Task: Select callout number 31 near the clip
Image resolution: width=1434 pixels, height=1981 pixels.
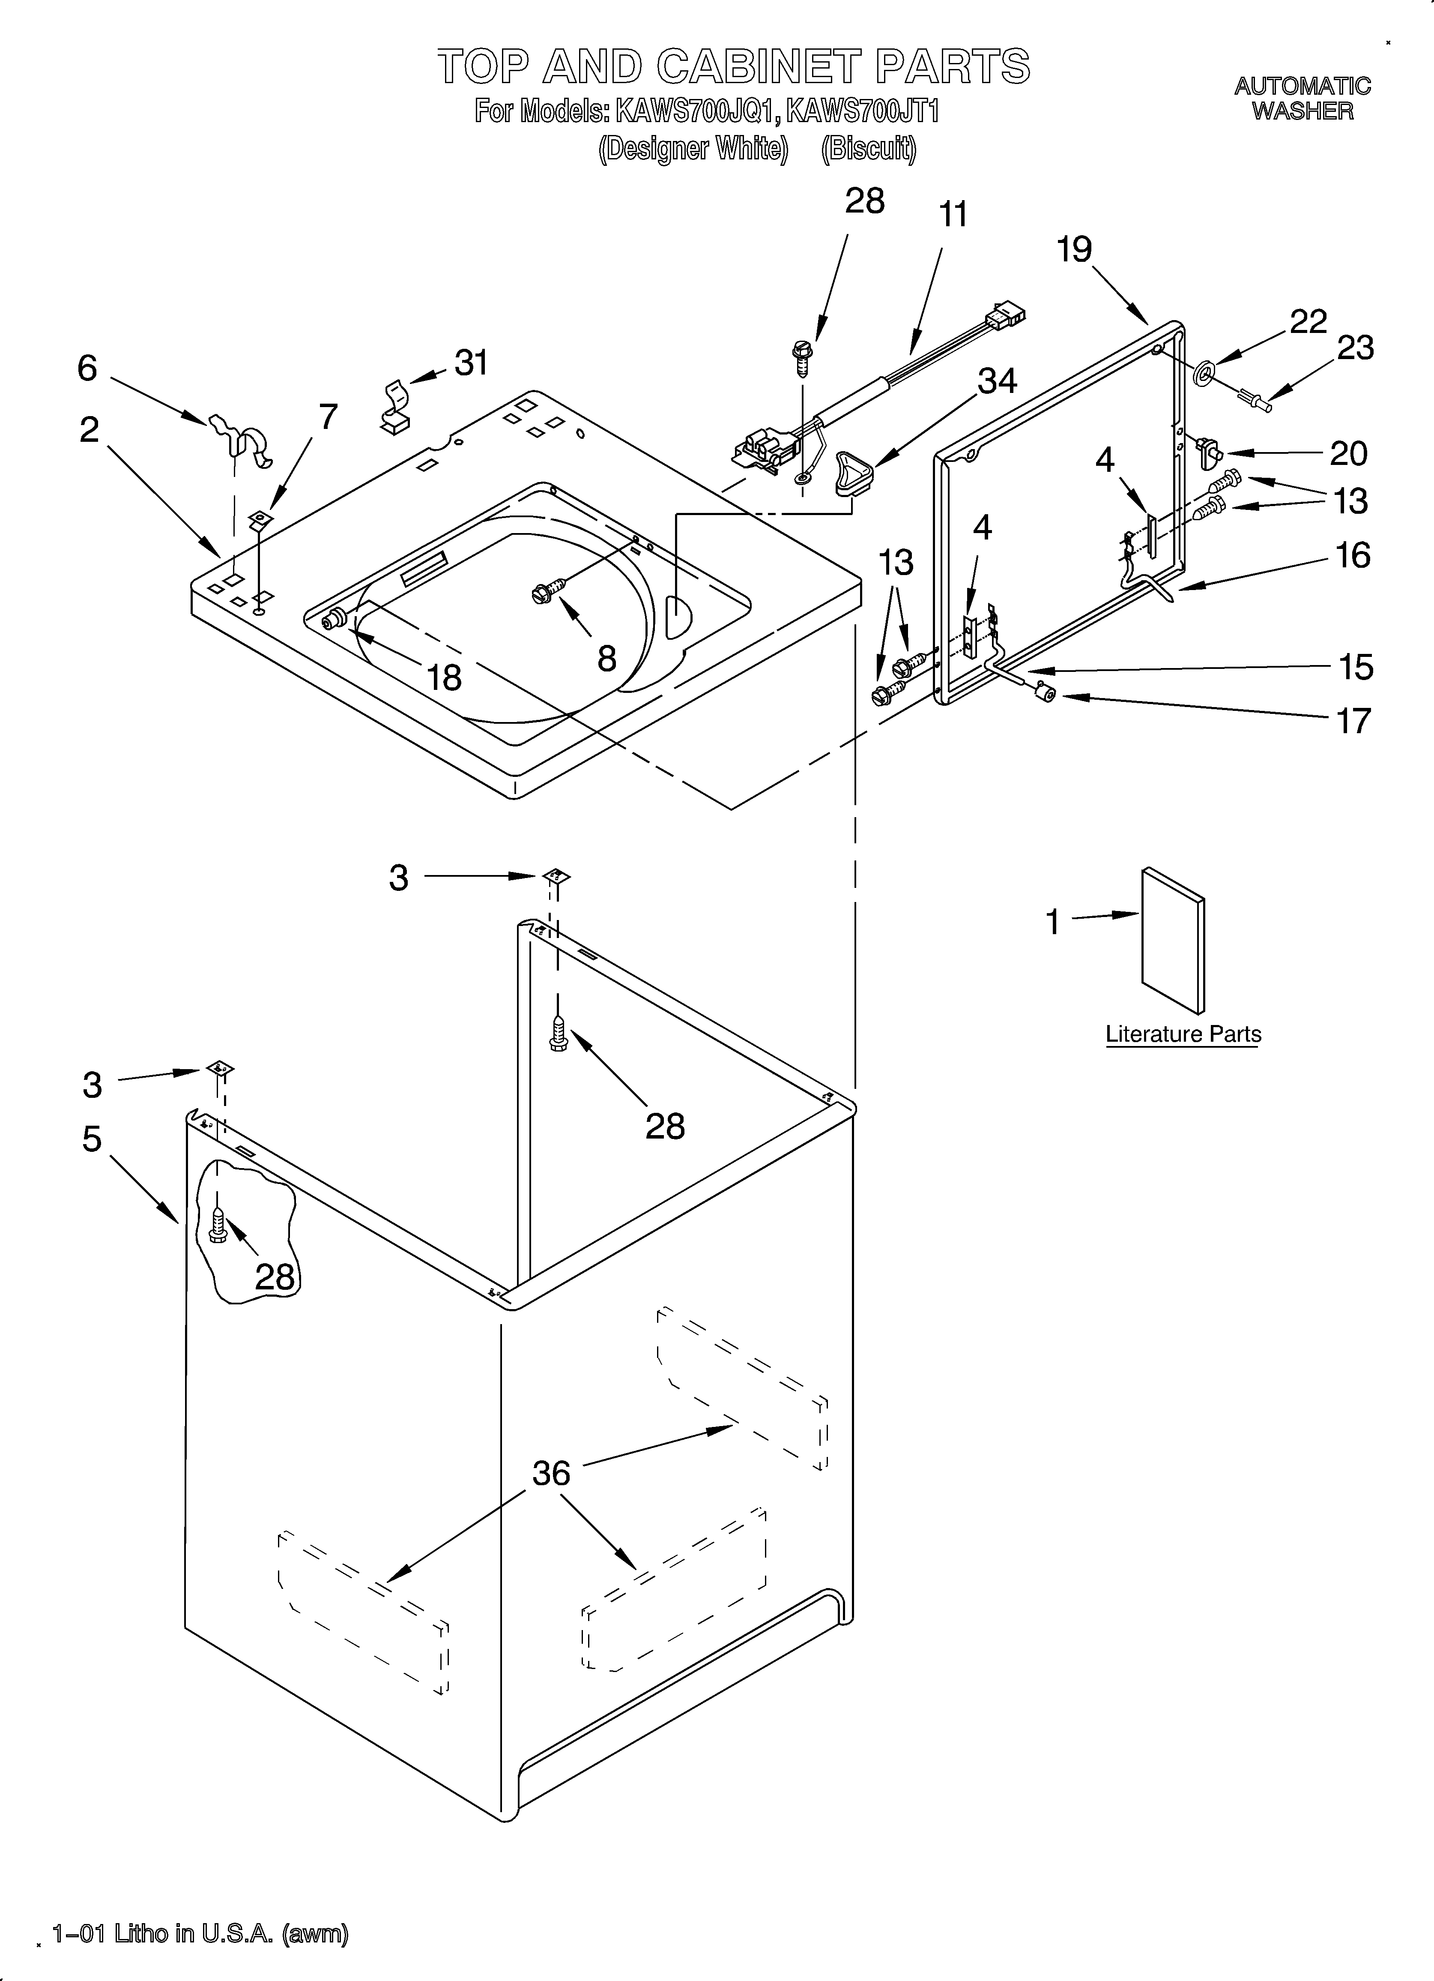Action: click(472, 363)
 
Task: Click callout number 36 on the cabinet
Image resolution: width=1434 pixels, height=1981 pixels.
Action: click(551, 1474)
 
